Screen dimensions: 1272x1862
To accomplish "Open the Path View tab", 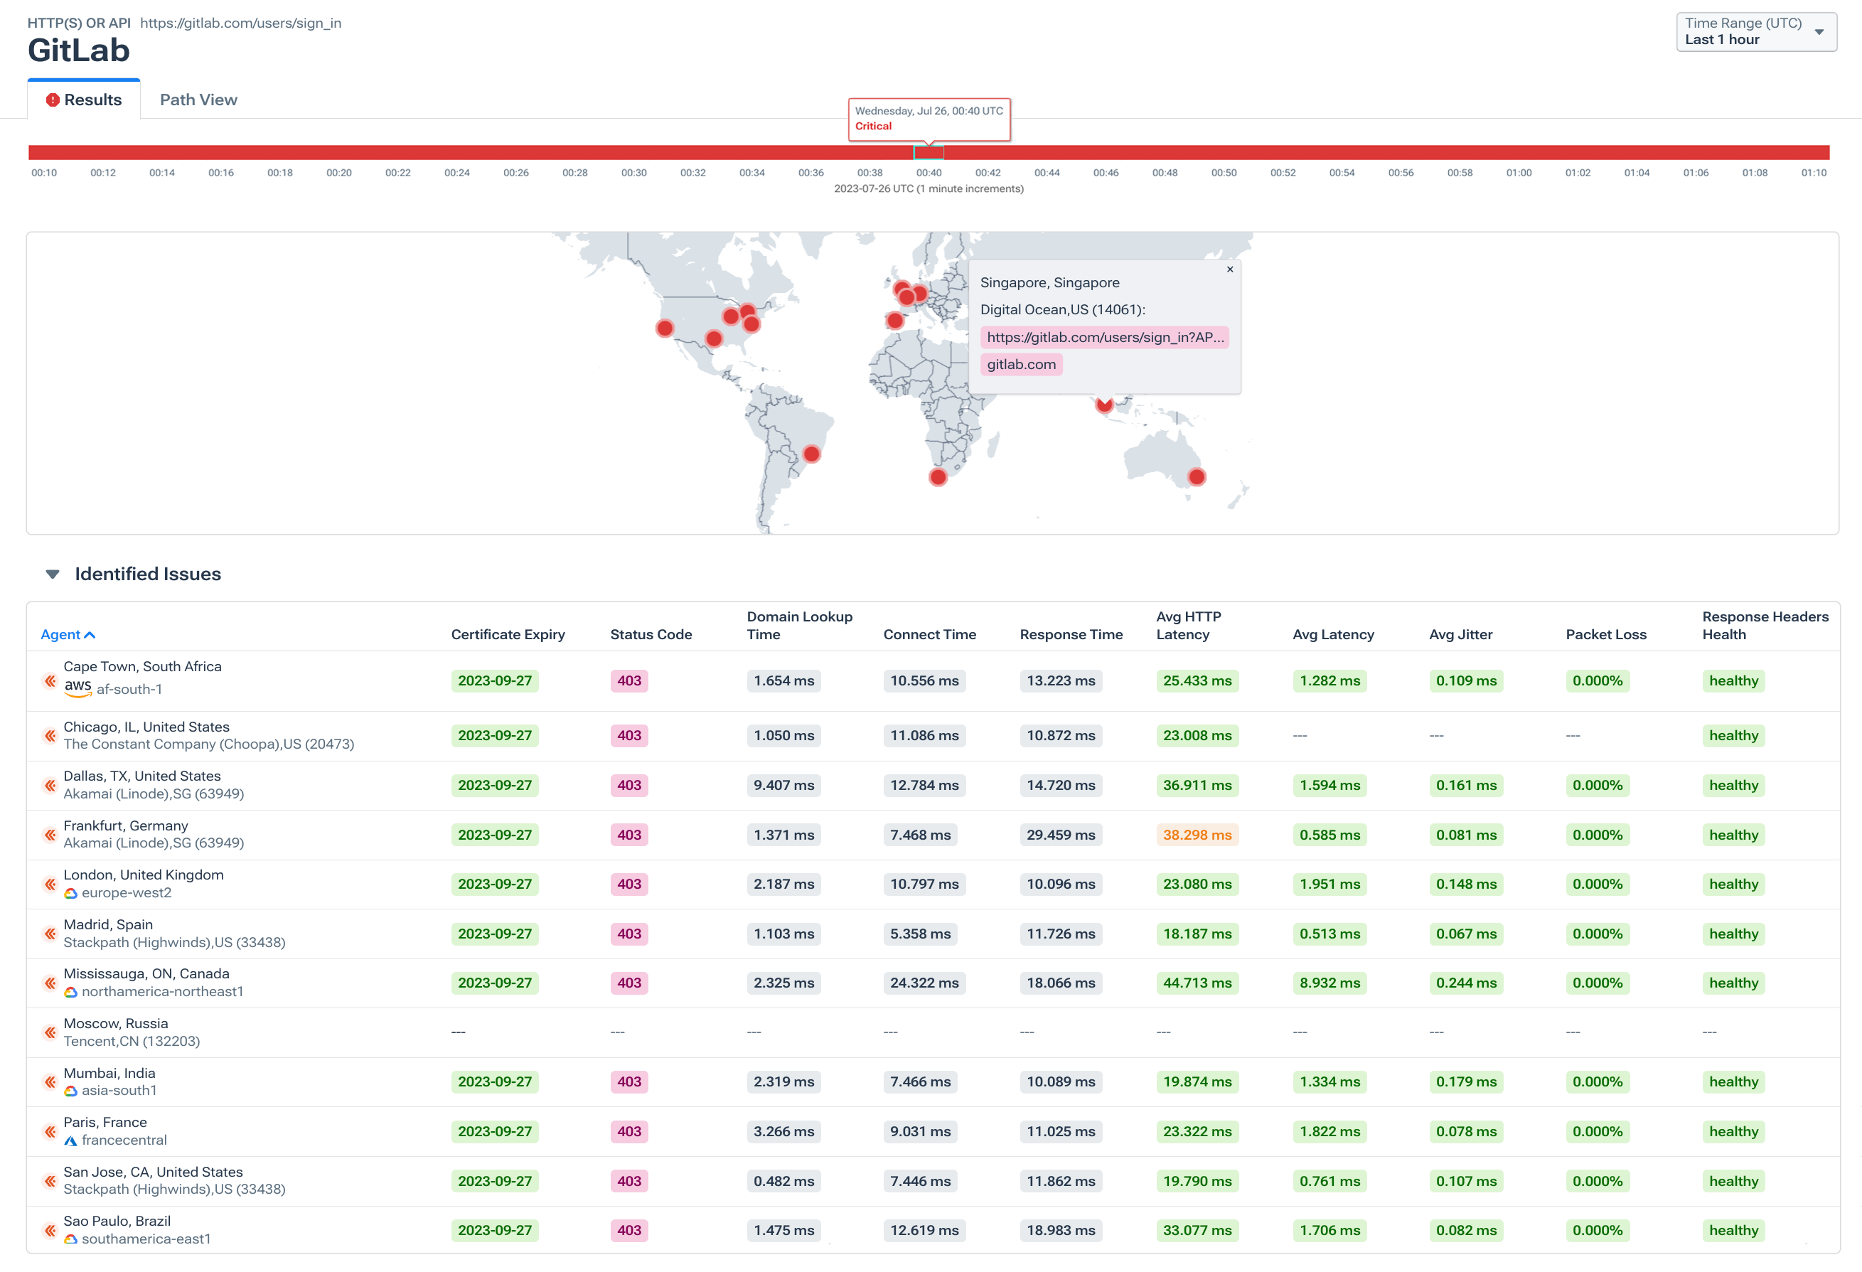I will pyautogui.click(x=198, y=100).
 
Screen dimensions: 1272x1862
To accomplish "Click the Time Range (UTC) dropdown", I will pyautogui.click(x=1755, y=32).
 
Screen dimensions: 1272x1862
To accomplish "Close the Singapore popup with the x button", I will pyautogui.click(x=1229, y=269).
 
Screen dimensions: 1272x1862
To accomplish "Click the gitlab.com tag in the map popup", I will pyautogui.click(x=1021, y=365).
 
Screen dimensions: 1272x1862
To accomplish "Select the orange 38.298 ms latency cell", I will pyautogui.click(x=1197, y=835).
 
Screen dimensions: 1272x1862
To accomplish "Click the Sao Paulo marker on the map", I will pyautogui.click(x=810, y=454).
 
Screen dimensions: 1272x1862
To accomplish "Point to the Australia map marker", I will pyautogui.click(x=1195, y=478).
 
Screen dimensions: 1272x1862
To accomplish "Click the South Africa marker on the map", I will pyautogui.click(x=938, y=478).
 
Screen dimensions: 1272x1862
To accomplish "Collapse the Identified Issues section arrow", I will pyautogui.click(x=53, y=574).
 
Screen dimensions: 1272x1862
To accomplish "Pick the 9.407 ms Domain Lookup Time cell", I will pyautogui.click(x=783, y=786).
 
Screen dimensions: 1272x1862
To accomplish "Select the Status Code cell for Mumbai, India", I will pyautogui.click(x=629, y=1082).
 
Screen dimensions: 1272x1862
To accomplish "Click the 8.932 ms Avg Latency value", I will pyautogui.click(x=1329, y=983).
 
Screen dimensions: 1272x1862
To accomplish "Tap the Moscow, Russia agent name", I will pyautogui.click(x=115, y=1024).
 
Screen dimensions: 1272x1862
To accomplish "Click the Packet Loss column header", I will pyautogui.click(x=1605, y=635).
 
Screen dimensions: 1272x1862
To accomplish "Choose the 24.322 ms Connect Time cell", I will pyautogui.click(x=924, y=983).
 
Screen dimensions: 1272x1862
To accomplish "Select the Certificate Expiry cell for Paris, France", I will pyautogui.click(x=494, y=1132).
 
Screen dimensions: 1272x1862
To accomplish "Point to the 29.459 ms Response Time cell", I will pyautogui.click(x=1060, y=835).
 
